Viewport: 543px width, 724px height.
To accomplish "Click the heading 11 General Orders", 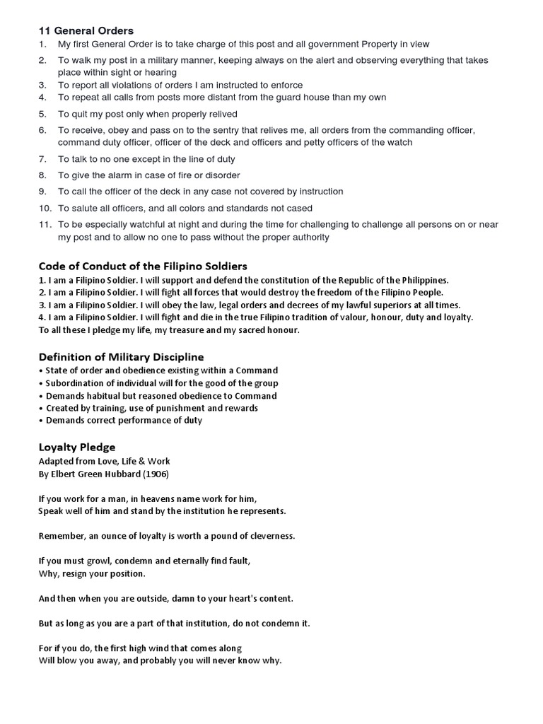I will (86, 30).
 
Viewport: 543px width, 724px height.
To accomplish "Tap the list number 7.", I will (42, 159).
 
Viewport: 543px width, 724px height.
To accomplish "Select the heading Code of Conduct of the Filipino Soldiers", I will (142, 266).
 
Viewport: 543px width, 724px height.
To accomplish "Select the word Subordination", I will (77, 383).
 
